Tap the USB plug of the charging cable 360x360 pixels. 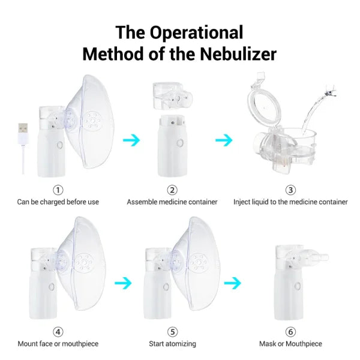click(x=23, y=129)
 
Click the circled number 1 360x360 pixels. click(x=58, y=190)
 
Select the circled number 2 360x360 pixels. click(x=172, y=190)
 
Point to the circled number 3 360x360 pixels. click(x=290, y=190)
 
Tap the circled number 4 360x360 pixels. click(x=58, y=331)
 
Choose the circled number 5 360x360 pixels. click(x=172, y=331)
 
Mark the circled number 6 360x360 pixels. click(x=290, y=331)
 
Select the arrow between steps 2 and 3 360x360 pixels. click(x=224, y=140)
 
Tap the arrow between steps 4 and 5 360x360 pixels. click(x=124, y=282)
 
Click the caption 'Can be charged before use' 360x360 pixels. click(x=58, y=202)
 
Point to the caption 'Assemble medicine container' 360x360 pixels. click(x=172, y=202)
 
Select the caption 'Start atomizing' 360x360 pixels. click(x=172, y=344)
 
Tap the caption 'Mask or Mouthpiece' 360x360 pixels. click(x=290, y=344)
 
